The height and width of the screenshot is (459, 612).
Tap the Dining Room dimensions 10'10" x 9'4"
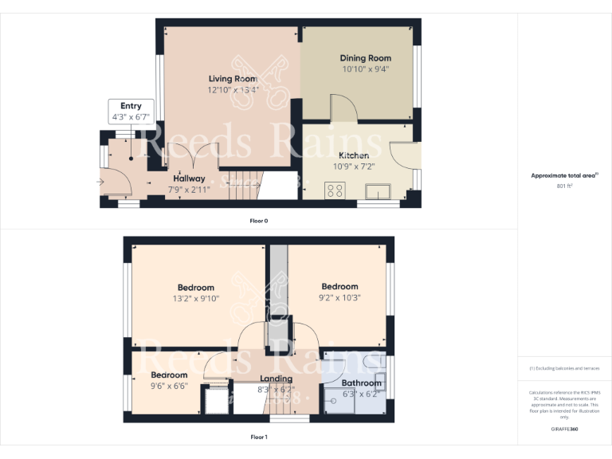pyautogui.click(x=365, y=69)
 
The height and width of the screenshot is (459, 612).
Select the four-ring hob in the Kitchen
pyautogui.click(x=335, y=190)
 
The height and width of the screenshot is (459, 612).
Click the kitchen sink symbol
pyautogui.click(x=377, y=191)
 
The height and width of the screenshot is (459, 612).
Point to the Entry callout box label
pyautogui.click(x=131, y=106)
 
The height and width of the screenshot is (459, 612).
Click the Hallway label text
pyautogui.click(x=189, y=178)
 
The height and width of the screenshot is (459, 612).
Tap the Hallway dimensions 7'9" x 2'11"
pyautogui.click(x=190, y=190)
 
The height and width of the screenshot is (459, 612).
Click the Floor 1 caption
pyautogui.click(x=259, y=437)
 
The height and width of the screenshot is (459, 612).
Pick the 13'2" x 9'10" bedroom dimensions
pyautogui.click(x=196, y=299)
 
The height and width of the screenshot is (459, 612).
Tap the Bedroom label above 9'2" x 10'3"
pyautogui.click(x=339, y=287)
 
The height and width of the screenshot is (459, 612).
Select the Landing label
pyautogui.click(x=276, y=379)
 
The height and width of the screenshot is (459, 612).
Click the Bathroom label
pyautogui.click(x=351, y=383)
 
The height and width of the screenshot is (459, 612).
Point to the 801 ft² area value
pyautogui.click(x=564, y=185)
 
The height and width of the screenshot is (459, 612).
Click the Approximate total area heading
pyautogui.click(x=563, y=175)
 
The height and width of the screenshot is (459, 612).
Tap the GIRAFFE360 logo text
pyautogui.click(x=564, y=430)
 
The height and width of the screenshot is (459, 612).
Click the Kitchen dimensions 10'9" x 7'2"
pyautogui.click(x=354, y=167)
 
